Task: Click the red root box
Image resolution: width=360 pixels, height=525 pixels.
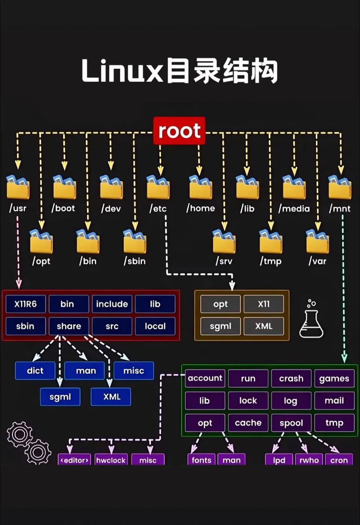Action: pyautogui.click(x=179, y=131)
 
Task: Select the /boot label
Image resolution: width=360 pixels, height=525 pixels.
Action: pyautogui.click(x=63, y=208)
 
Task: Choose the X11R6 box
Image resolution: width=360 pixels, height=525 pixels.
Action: pyautogui.click(x=26, y=304)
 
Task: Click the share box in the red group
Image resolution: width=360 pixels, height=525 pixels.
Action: pyautogui.click(x=69, y=326)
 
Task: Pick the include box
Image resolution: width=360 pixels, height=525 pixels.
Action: pyautogui.click(x=112, y=304)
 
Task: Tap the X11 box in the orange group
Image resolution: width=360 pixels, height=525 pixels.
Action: pyautogui.click(x=264, y=304)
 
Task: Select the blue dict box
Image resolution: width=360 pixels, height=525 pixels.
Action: pyautogui.click(x=35, y=371)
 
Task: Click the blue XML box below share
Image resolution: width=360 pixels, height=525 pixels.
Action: pyautogui.click(x=111, y=397)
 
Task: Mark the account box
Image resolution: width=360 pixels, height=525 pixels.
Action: pyautogui.click(x=205, y=378)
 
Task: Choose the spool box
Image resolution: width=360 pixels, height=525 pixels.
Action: pyautogui.click(x=291, y=423)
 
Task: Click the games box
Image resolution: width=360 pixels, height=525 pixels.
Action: pyautogui.click(x=334, y=378)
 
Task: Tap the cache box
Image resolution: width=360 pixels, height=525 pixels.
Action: pyautogui.click(x=248, y=423)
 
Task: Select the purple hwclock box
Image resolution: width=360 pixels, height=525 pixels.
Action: pyautogui.click(x=111, y=460)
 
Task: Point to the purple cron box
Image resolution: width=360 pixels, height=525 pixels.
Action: pyautogui.click(x=339, y=460)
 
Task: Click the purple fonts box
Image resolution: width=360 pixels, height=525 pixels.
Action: pyautogui.click(x=201, y=460)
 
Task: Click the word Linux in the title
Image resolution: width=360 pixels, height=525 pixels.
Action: pyautogui.click(x=121, y=71)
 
